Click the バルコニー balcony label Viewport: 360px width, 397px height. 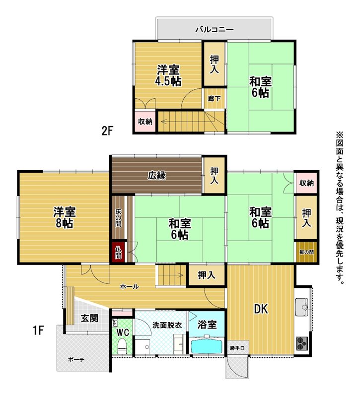(215, 30)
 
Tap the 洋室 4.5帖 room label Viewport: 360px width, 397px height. (168, 75)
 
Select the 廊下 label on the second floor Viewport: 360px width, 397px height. (214, 98)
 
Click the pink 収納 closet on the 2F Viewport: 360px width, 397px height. (145, 122)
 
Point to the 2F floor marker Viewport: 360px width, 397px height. (107, 131)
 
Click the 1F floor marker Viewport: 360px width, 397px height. (39, 331)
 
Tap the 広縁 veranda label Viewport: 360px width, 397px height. (157, 175)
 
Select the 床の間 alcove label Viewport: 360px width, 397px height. (118, 218)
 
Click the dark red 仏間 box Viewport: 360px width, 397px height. (118, 252)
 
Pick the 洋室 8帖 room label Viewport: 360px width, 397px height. (65, 217)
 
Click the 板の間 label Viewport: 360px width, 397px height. (306, 252)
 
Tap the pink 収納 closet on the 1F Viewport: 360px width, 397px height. (306, 183)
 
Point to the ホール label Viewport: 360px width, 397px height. (129, 287)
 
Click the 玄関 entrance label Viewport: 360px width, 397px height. (89, 318)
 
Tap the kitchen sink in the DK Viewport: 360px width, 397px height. (301, 307)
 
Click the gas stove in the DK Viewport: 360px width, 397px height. (302, 343)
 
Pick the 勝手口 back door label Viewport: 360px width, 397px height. (237, 348)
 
